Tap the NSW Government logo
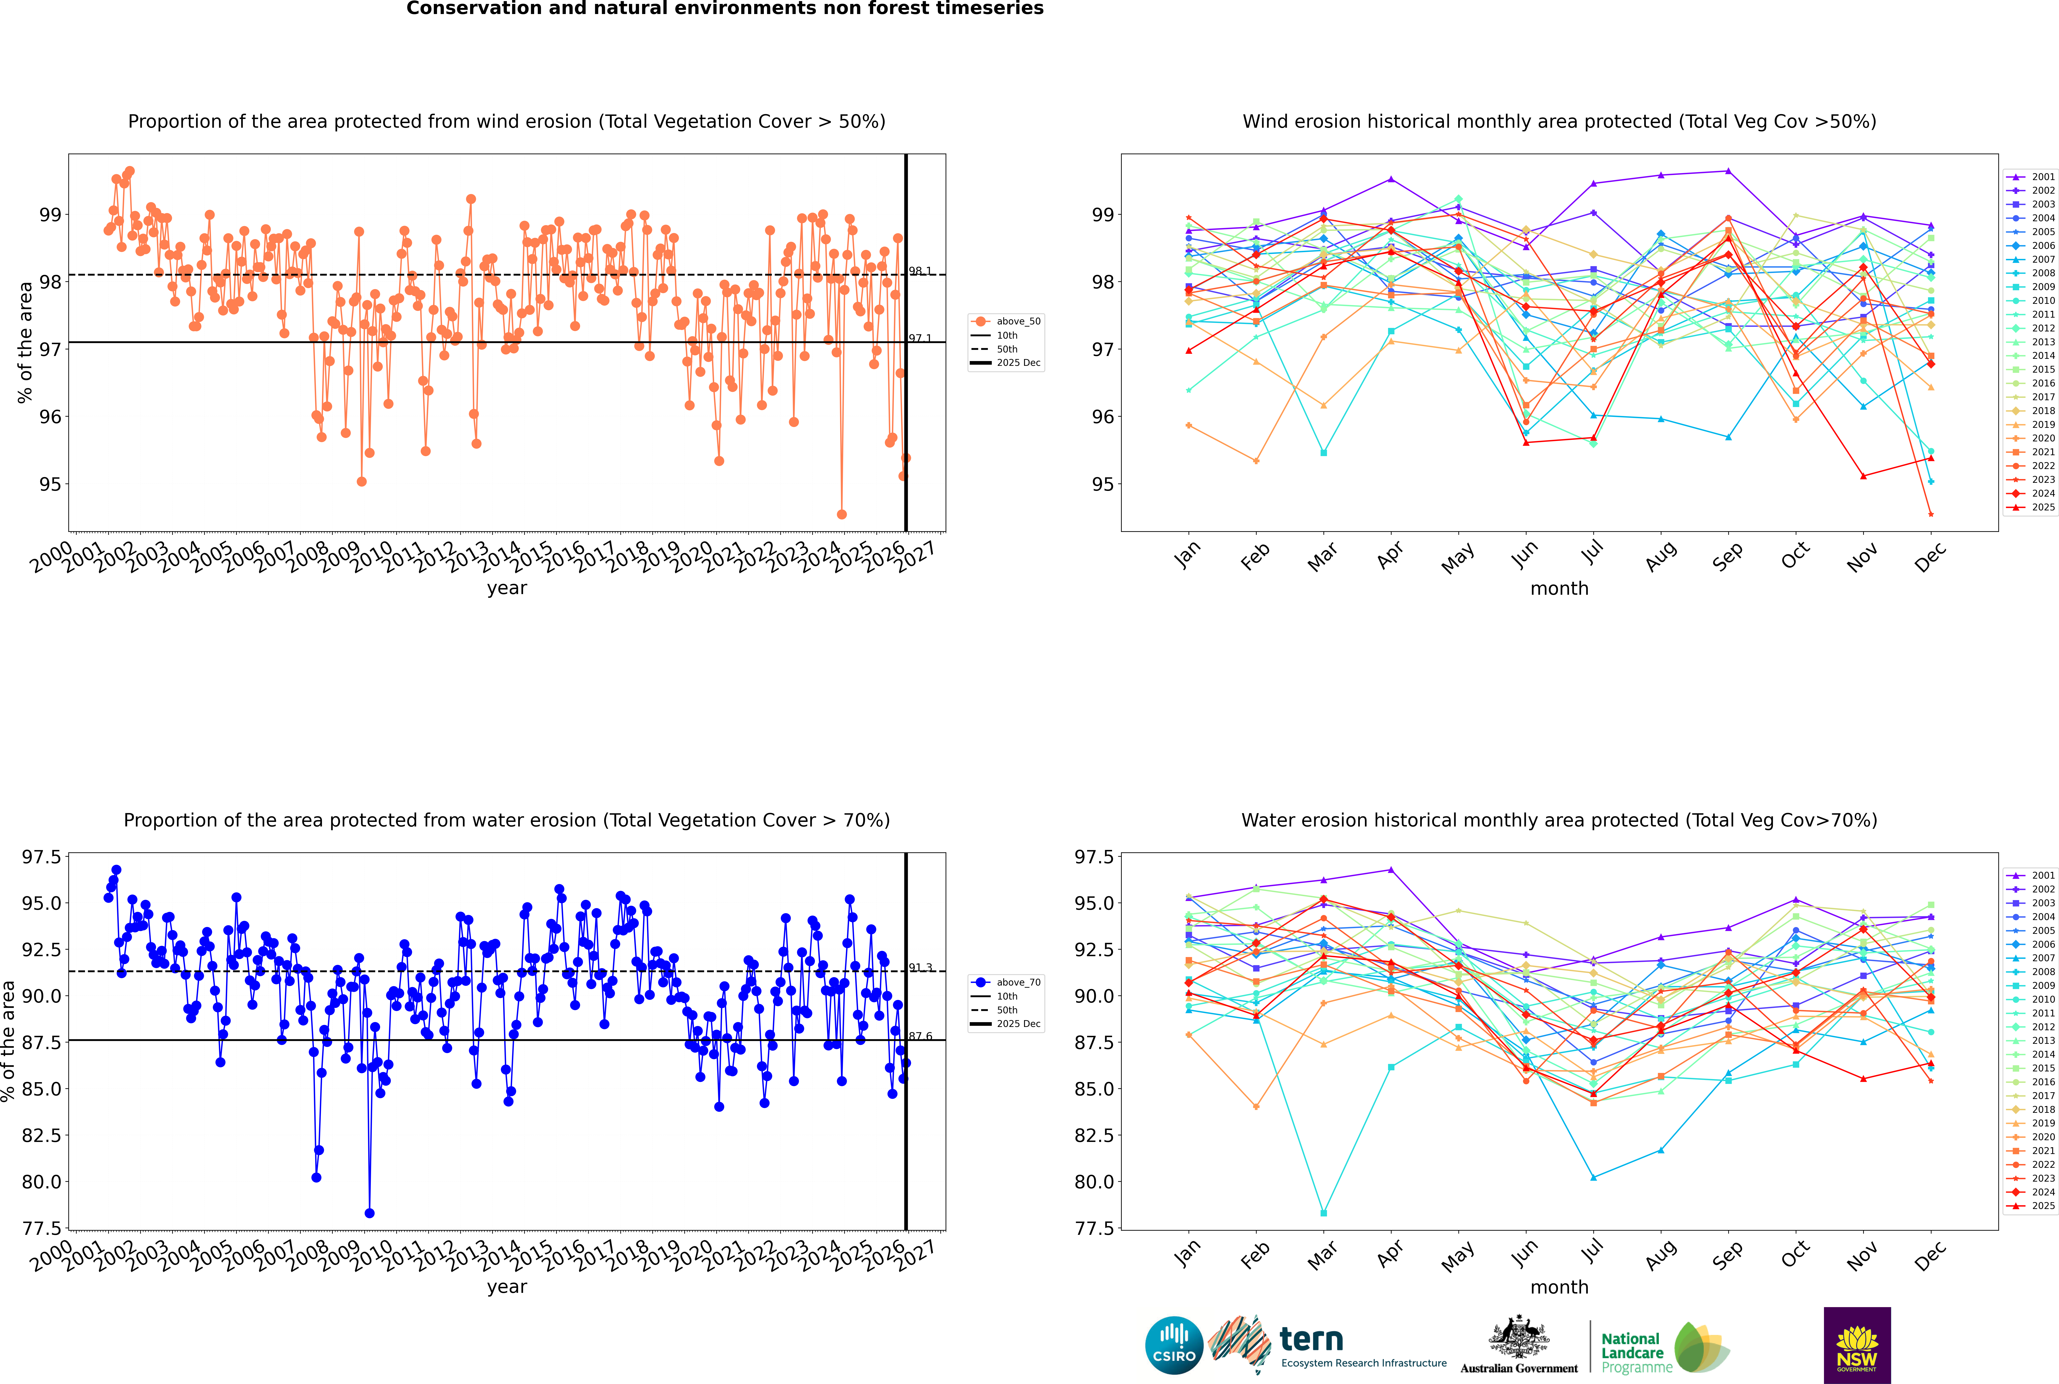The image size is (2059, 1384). [x=1857, y=1345]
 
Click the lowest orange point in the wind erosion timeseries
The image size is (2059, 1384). [x=842, y=514]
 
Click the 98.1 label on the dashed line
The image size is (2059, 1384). [x=920, y=271]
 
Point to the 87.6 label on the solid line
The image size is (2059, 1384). [x=920, y=1036]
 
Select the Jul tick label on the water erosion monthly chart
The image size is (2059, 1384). [x=1592, y=1253]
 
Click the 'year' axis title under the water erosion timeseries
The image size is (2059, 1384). [x=507, y=1287]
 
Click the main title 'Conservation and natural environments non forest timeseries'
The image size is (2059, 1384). [x=725, y=9]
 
